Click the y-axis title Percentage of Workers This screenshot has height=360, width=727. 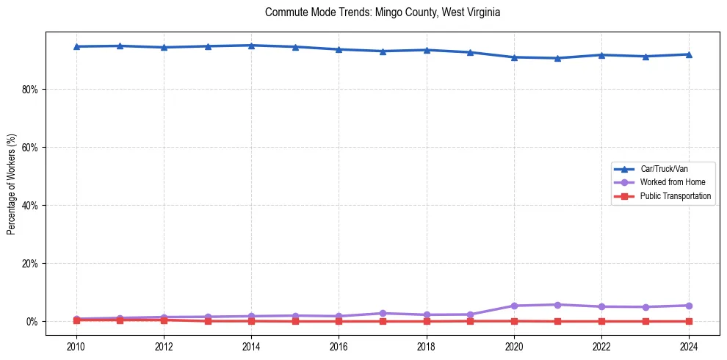[11, 184]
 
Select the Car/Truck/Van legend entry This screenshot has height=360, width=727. [664, 169]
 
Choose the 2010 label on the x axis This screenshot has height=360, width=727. [76, 346]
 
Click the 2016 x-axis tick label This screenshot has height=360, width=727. [339, 346]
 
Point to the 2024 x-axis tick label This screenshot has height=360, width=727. [689, 346]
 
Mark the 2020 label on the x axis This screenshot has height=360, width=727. [514, 346]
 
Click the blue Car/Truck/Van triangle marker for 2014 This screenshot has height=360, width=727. [251, 46]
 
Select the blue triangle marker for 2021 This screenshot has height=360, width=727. [557, 58]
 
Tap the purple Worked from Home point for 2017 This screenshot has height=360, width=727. [383, 313]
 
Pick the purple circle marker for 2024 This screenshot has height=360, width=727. [689, 306]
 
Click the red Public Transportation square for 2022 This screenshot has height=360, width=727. [601, 321]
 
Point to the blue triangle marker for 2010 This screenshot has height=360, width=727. [76, 46]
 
